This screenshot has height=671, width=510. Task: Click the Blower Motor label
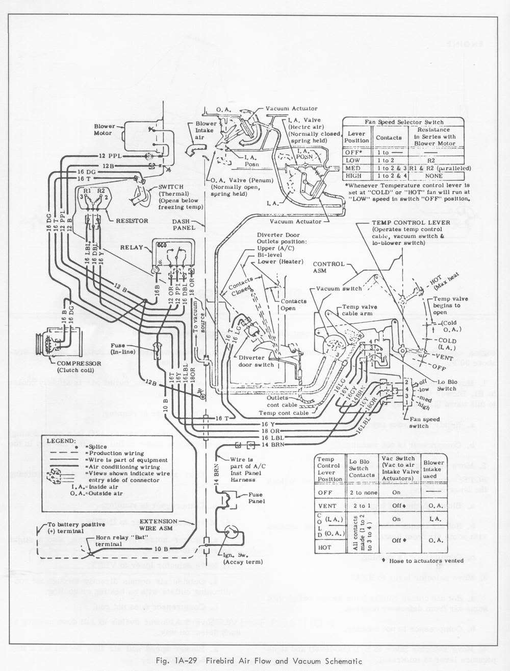(104, 130)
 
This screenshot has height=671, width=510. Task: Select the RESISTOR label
(132, 221)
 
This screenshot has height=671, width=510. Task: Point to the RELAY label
(132, 247)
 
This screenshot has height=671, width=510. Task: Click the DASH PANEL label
(184, 225)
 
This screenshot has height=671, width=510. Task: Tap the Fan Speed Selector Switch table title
(404, 122)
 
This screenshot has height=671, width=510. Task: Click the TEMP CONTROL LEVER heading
(411, 223)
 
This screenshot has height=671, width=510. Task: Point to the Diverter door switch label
(257, 361)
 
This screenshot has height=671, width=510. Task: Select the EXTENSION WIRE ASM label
(159, 524)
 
